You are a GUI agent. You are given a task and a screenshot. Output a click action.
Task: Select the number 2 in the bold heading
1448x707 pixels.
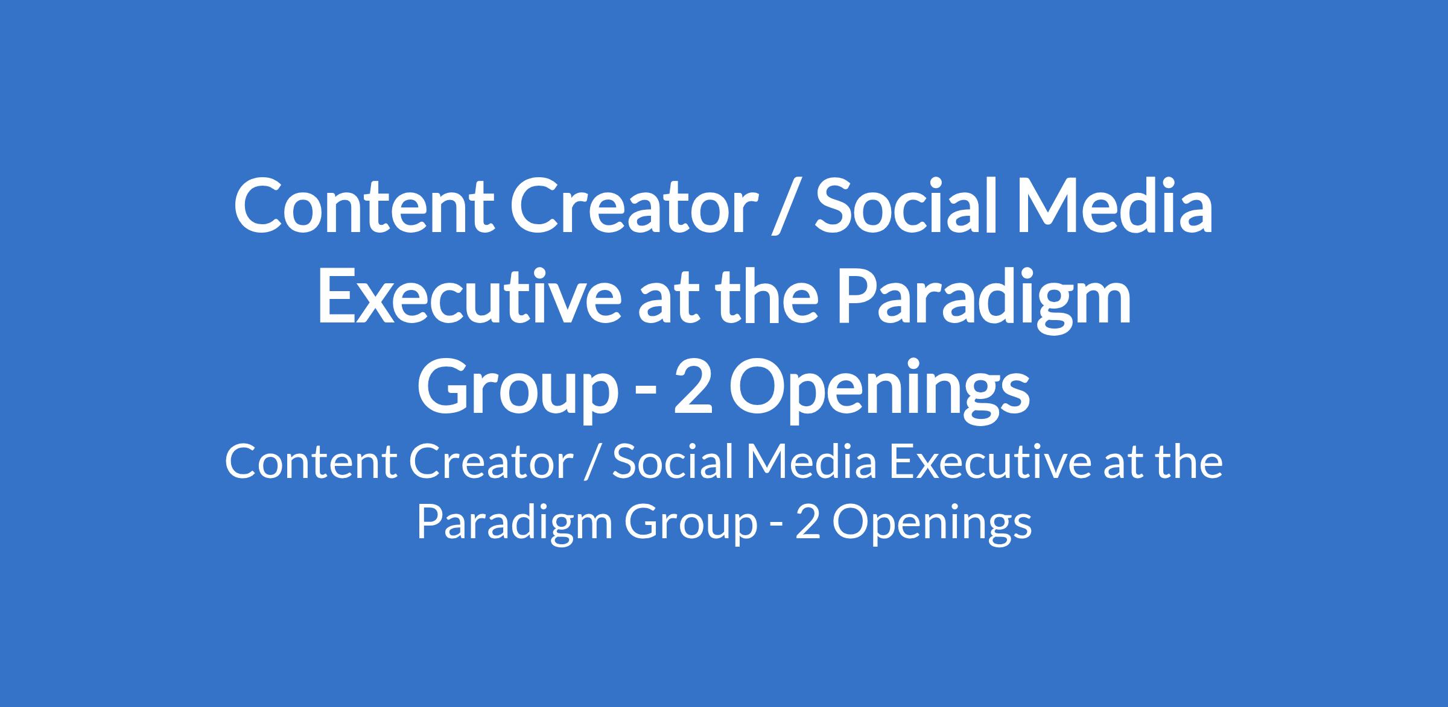(693, 389)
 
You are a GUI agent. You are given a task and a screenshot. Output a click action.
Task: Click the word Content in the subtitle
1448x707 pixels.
(311, 463)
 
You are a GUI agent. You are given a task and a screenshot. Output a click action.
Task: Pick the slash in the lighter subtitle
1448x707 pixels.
(593, 465)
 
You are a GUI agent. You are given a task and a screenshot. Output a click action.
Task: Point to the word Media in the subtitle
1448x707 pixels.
(812, 462)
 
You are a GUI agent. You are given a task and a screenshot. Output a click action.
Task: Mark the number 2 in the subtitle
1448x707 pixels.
(808, 522)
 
